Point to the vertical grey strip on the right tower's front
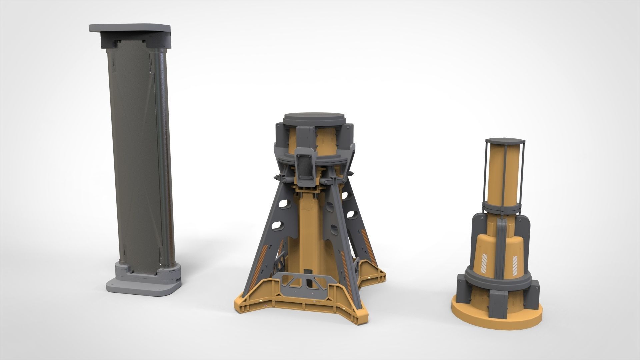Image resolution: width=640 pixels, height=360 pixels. tap(500, 247)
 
